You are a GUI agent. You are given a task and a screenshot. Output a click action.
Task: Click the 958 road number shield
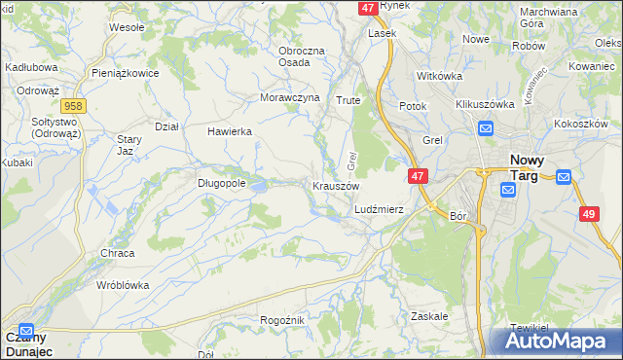(x=71, y=105)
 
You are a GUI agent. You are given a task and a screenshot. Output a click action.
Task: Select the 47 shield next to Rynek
(x=367, y=7)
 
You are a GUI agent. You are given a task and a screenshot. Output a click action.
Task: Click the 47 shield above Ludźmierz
(x=417, y=176)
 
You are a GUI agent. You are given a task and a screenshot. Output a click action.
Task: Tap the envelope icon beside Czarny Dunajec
(x=26, y=330)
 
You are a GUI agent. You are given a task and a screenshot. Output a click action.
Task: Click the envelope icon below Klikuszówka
(x=485, y=127)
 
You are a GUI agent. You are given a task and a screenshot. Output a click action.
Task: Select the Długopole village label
(x=221, y=181)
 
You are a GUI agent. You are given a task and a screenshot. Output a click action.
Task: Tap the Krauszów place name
(x=336, y=186)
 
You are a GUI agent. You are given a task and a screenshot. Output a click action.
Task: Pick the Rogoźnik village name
(x=283, y=320)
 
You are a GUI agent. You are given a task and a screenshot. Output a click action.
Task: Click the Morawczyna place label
(x=290, y=98)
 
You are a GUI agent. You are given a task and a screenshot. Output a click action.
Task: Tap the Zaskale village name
(x=429, y=316)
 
